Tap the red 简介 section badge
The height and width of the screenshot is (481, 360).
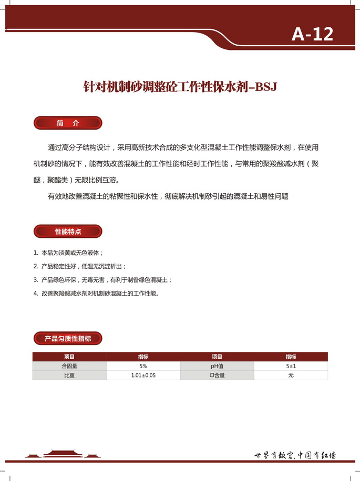coord(68,123)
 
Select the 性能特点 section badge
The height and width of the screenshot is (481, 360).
coord(68,231)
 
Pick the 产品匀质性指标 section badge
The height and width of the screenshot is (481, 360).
coord(68,339)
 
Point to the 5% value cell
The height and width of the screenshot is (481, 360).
coord(143,366)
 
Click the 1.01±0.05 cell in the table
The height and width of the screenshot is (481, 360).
coord(143,375)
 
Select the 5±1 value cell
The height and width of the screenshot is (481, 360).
coord(291,366)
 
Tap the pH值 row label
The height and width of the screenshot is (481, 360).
coord(217,366)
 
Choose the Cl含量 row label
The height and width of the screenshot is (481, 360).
coord(217,375)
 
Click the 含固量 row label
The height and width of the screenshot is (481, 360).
coord(69,366)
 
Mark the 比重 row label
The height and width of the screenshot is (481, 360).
coord(69,375)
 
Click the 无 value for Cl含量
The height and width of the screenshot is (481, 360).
coord(291,375)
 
